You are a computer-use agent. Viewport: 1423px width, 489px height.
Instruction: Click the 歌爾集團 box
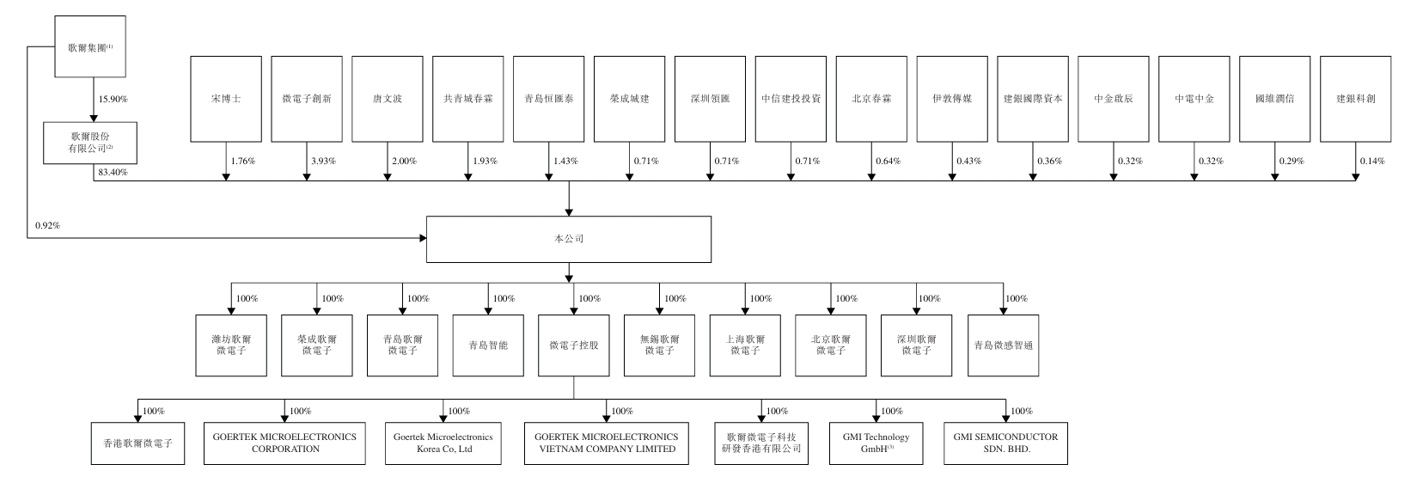click(x=90, y=48)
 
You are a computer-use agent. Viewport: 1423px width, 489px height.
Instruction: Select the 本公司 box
click(x=569, y=239)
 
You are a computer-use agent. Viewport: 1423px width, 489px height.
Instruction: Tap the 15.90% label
click(x=113, y=100)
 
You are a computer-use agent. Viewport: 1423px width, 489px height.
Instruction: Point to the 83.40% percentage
click(x=109, y=173)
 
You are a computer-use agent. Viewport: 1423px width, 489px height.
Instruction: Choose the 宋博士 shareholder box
click(x=226, y=99)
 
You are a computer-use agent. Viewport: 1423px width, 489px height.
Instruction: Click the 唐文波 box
click(x=388, y=99)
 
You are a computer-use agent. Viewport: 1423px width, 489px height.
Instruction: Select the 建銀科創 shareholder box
click(x=1355, y=99)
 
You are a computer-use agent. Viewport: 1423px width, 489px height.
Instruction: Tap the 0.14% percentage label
click(x=1372, y=162)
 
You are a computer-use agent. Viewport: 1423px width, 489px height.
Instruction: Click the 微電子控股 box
click(x=574, y=345)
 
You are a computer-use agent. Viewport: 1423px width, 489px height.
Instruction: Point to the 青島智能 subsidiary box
click(x=488, y=345)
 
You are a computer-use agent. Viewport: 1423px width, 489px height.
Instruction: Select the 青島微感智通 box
click(x=1003, y=345)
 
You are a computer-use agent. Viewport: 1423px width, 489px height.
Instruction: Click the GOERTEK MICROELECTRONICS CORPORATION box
click(x=284, y=443)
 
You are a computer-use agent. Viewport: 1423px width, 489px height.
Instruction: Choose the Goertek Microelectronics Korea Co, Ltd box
click(x=443, y=443)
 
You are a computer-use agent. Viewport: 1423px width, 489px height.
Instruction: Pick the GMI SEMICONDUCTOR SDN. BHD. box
click(x=1005, y=443)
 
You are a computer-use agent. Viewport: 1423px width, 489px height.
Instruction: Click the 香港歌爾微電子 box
click(x=138, y=443)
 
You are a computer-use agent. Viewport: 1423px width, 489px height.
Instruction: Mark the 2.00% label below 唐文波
click(x=406, y=162)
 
